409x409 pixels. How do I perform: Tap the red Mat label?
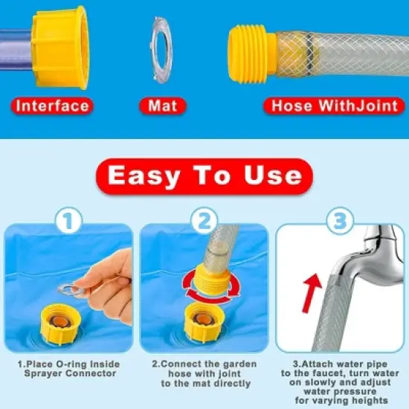point(162,105)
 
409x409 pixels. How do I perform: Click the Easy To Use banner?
point(204,175)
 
